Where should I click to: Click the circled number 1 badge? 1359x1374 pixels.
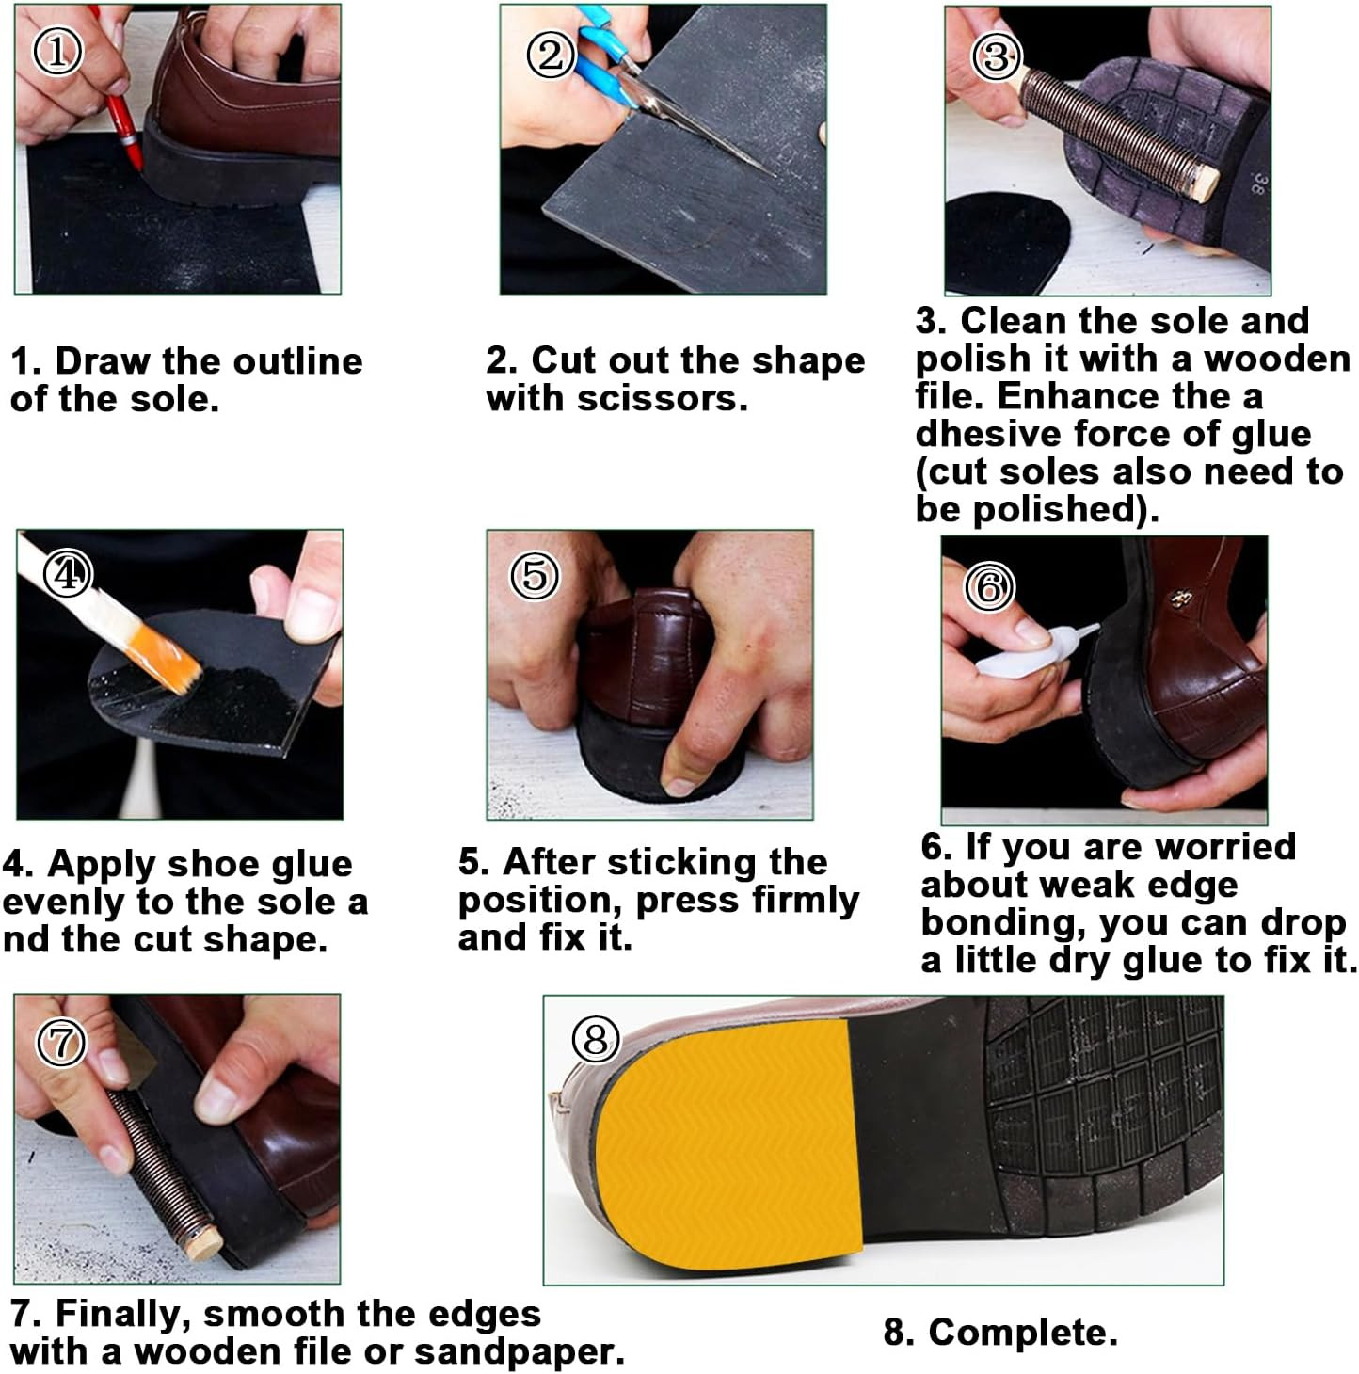[x=57, y=51]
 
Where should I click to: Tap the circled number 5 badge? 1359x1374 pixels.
[x=535, y=575]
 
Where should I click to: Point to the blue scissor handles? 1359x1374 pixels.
[x=603, y=57]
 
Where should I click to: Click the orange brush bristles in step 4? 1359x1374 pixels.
[x=168, y=658]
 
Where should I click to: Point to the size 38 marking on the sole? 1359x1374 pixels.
[x=1259, y=184]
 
